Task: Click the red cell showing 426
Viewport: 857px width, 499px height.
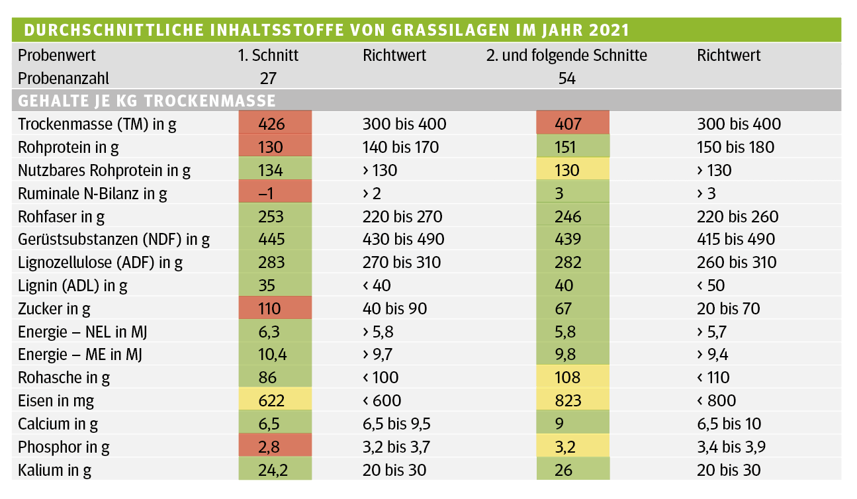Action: point(275,124)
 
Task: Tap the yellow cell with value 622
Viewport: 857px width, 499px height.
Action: point(275,400)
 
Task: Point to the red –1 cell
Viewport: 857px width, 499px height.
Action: point(275,193)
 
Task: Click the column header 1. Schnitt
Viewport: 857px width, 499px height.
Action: point(268,56)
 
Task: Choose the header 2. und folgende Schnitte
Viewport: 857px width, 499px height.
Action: point(566,56)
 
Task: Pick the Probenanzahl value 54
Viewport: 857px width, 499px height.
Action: point(566,78)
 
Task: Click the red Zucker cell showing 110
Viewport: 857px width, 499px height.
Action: point(275,308)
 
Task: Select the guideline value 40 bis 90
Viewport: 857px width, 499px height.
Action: point(395,308)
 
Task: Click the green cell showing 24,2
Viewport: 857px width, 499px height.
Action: point(275,470)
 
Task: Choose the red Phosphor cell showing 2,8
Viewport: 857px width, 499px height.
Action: point(275,447)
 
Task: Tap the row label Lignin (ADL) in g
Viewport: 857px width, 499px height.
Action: point(73,285)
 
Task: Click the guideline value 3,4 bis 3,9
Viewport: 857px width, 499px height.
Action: point(731,447)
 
